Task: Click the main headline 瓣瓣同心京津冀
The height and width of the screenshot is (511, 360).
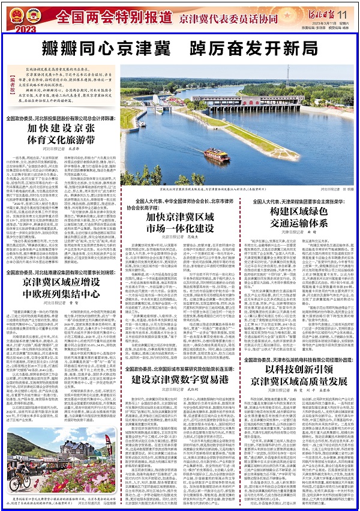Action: (x=120, y=47)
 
